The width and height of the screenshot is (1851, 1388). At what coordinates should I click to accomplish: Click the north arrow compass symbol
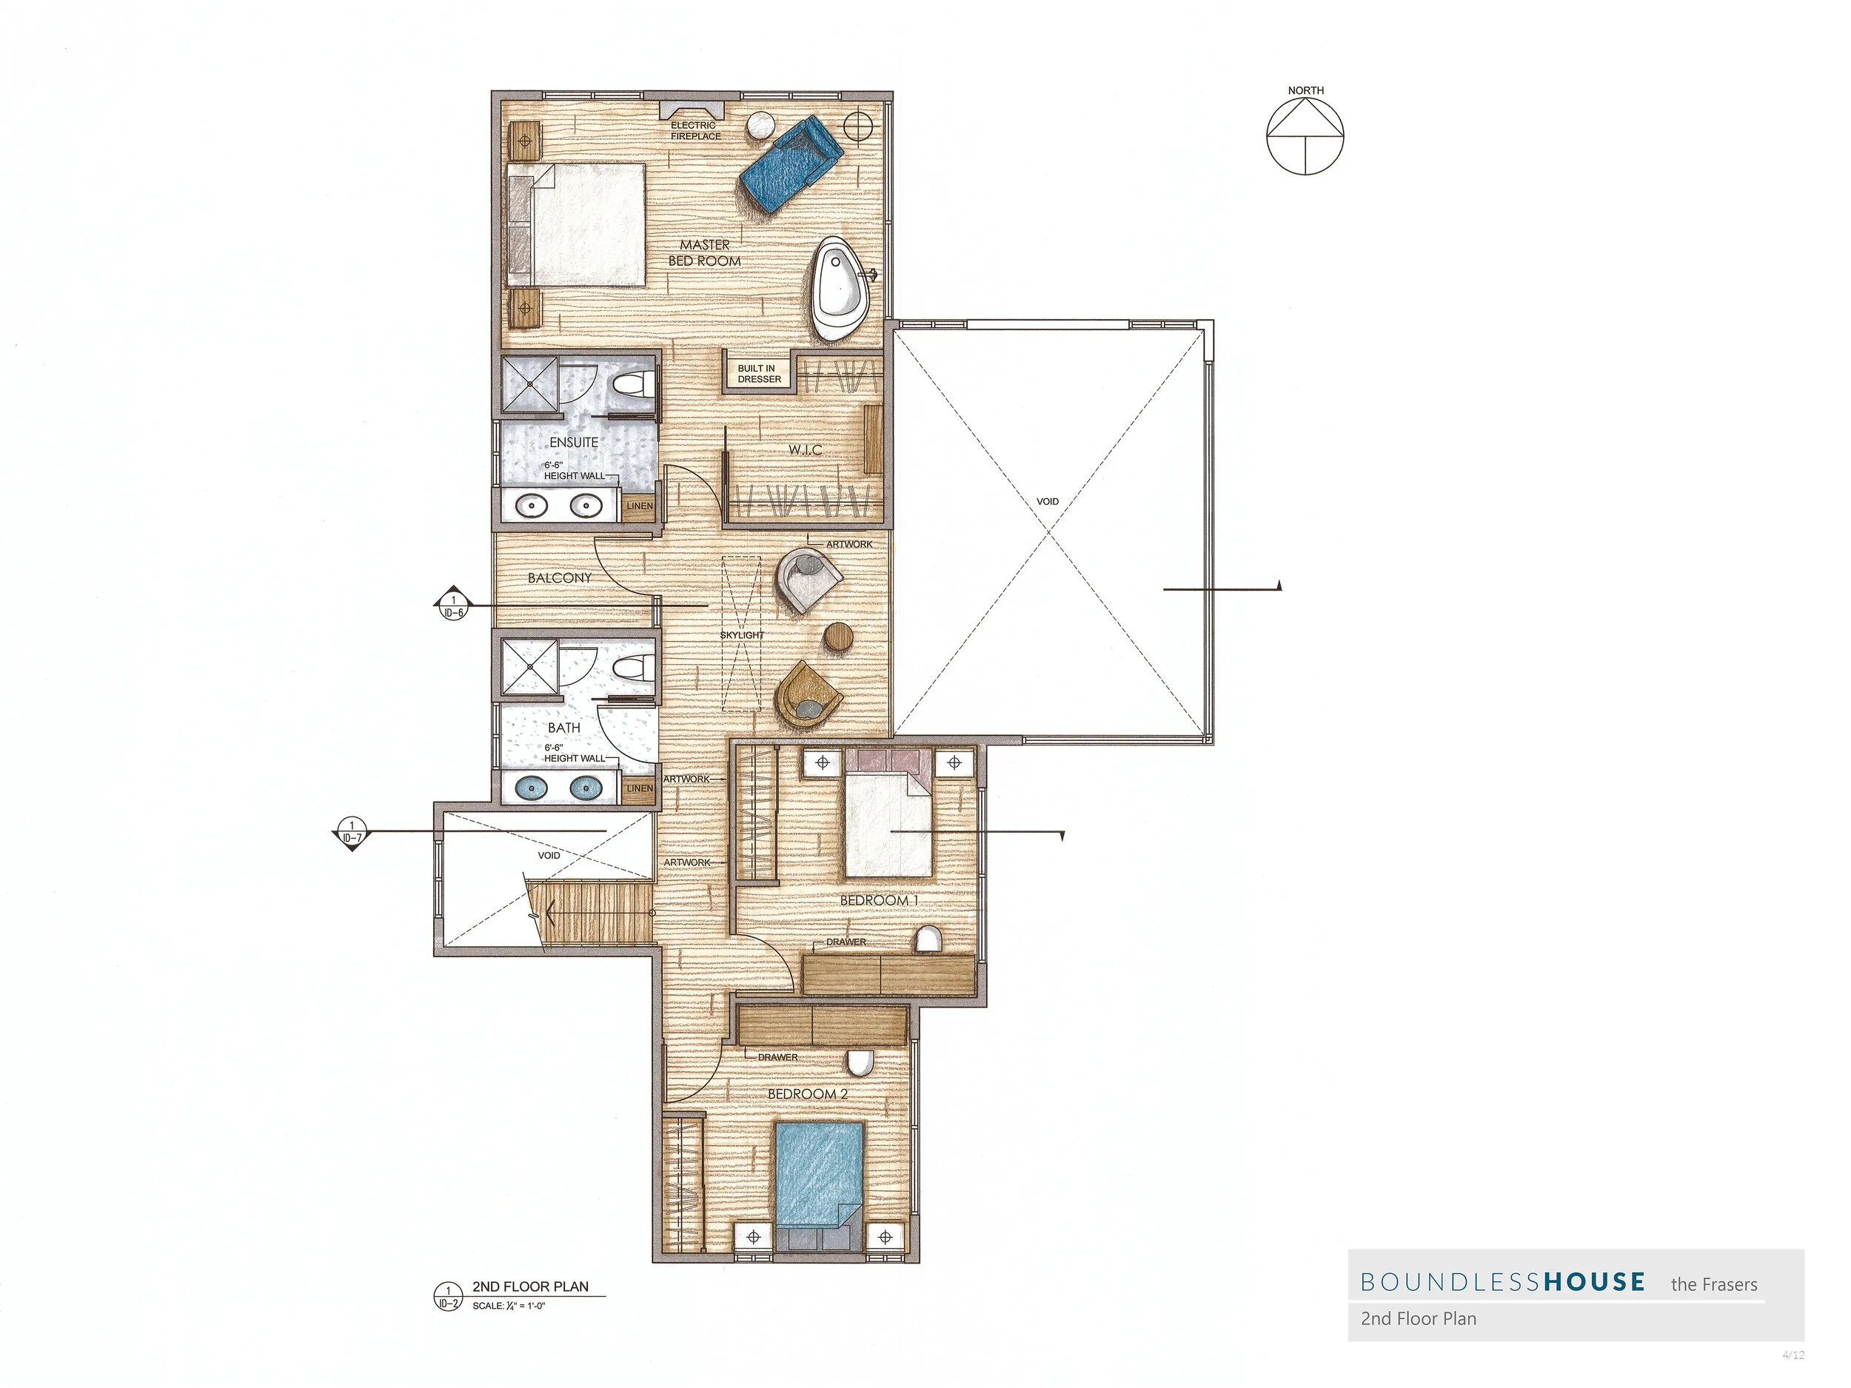1305,135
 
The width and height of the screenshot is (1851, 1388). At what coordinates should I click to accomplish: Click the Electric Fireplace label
694,130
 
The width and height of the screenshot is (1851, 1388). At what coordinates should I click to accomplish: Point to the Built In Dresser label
759,374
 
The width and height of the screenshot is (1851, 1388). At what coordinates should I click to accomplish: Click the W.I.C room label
805,450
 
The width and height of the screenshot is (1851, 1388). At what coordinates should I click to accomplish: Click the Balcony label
559,578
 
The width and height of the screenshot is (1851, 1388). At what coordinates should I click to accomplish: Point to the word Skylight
741,635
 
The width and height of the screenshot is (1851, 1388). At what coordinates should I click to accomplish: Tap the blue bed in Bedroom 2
818,1174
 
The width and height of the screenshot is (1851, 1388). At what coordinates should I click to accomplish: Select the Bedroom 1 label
878,901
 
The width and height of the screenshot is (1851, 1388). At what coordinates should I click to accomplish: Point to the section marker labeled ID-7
352,834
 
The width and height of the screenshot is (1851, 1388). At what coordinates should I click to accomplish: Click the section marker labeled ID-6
452,605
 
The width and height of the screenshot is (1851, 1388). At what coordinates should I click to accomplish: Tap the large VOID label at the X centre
1048,502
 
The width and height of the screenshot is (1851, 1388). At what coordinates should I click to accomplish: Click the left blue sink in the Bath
534,788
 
